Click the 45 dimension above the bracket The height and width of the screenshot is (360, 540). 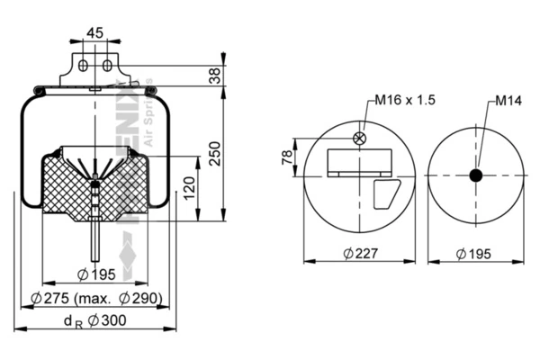tap(94, 32)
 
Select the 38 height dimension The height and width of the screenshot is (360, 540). tap(214, 77)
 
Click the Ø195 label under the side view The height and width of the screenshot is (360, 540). tap(94, 274)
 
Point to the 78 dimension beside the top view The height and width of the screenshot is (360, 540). tap(287, 157)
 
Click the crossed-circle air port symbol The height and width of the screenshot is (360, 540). tap(360, 138)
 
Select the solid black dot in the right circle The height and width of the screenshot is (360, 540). tap(475, 175)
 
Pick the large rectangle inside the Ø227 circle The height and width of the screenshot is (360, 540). tap(360, 162)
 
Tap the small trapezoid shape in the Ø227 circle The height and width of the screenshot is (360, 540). tap(387, 193)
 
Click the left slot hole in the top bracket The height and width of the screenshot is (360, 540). tap(84, 66)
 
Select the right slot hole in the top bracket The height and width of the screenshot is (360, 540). tap(106, 66)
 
